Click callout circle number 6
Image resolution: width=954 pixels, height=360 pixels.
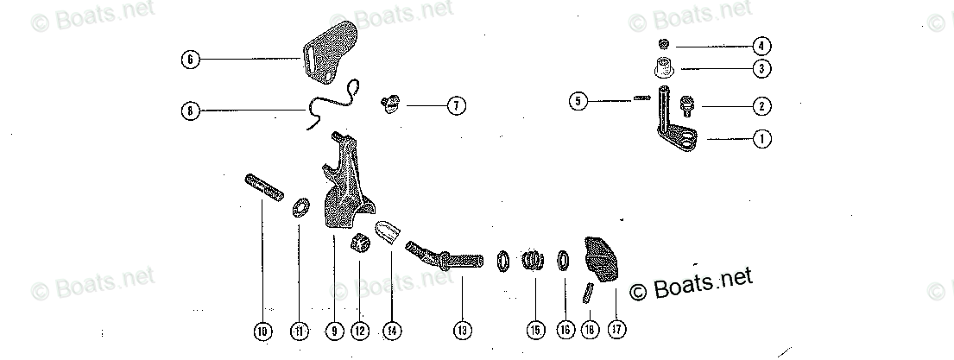190,60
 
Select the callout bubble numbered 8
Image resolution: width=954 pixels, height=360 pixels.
190,110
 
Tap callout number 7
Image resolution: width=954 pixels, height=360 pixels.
456,106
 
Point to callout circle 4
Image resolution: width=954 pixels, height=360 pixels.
761,45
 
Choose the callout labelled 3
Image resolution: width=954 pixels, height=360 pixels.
761,67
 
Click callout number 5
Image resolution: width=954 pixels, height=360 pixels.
579,101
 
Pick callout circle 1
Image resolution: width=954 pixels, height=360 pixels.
761,137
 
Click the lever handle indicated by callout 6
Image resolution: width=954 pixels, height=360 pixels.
330,54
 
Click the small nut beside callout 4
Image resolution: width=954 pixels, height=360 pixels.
664,44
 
